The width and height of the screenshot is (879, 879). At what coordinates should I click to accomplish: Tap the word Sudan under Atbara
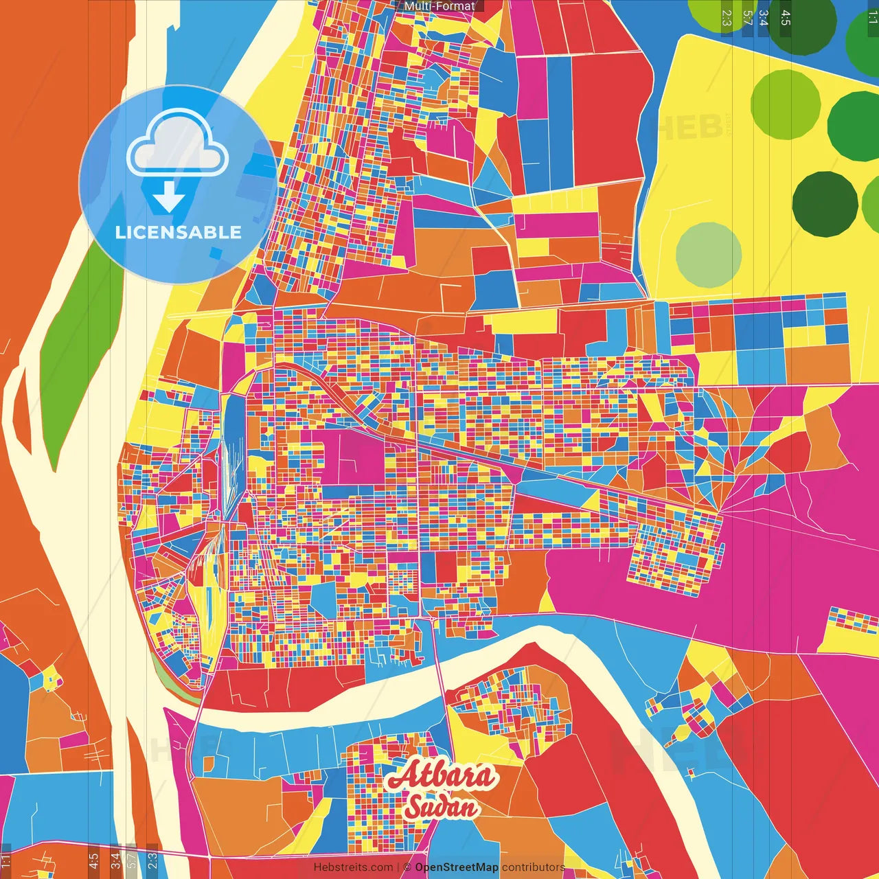[442, 807]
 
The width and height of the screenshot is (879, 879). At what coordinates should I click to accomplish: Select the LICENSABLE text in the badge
[179, 232]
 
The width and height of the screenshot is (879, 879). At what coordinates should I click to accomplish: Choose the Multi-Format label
[439, 6]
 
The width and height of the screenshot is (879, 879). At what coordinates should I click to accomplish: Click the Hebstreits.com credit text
[353, 867]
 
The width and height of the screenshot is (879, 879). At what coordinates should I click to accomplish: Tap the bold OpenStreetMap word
[457, 867]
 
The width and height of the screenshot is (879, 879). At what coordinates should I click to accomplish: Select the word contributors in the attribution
[534, 867]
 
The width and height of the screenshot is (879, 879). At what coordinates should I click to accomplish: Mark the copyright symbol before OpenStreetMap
[407, 867]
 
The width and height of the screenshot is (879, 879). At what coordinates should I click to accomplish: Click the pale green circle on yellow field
[709, 255]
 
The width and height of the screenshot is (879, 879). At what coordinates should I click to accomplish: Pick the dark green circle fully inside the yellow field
[825, 204]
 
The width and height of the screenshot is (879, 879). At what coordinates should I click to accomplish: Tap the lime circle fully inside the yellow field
[785, 104]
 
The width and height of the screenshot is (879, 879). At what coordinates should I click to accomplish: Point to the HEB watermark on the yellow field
[687, 126]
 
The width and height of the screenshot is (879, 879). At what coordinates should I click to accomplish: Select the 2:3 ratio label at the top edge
[727, 18]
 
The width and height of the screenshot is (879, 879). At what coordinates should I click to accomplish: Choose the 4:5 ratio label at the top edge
[786, 18]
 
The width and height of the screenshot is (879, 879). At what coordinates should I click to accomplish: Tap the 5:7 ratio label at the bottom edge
[132, 859]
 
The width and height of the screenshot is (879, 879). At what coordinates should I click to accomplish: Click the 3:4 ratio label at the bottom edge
[115, 859]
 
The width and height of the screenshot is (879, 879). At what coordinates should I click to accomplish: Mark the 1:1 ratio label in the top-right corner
[872, 18]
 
